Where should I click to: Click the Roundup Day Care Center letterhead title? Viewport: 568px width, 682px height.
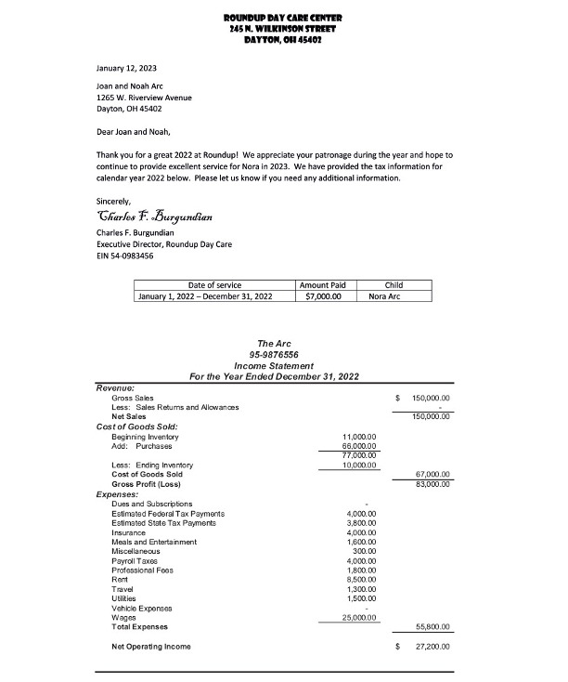(x=283, y=18)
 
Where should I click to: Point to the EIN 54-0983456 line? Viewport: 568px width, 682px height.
(x=125, y=256)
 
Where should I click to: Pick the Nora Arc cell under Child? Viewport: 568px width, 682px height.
(x=394, y=296)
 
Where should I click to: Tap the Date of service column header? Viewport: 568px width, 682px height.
(x=214, y=285)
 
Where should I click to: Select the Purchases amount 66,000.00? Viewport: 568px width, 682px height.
(x=357, y=446)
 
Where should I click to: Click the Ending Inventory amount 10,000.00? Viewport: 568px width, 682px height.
(x=357, y=465)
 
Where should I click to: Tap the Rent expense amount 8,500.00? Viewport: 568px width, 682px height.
(x=359, y=579)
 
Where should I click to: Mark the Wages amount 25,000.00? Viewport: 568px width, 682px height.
(x=357, y=617)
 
